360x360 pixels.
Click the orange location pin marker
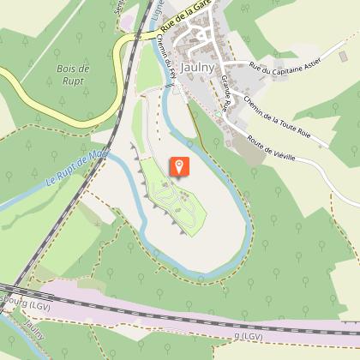[180, 166]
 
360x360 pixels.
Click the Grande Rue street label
[225, 93]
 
